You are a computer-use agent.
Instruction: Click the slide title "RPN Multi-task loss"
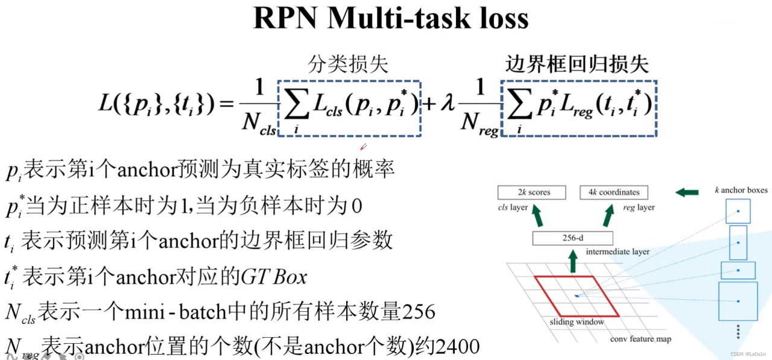[x=391, y=18]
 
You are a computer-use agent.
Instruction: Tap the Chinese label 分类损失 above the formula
[x=349, y=65]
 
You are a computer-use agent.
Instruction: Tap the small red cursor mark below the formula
[x=363, y=147]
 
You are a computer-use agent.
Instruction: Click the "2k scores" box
[x=532, y=192]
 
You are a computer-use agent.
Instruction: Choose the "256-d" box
[x=572, y=238]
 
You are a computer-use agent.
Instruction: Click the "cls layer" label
[x=513, y=208]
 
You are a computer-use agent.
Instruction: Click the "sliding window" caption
[x=577, y=322]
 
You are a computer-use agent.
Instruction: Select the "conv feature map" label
[x=640, y=339]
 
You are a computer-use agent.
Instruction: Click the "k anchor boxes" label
[x=740, y=191]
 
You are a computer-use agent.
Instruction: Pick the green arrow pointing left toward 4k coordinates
[x=687, y=193]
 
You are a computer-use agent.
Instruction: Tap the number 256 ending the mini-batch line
[x=418, y=312]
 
